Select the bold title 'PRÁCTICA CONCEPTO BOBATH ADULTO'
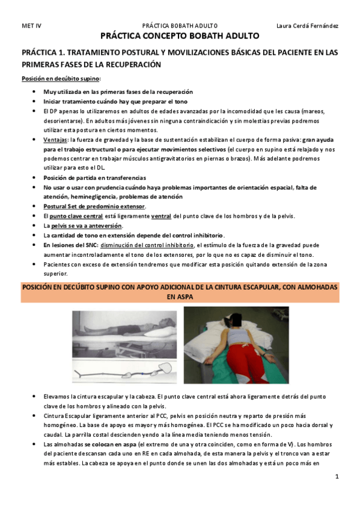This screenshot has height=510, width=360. point(180,36)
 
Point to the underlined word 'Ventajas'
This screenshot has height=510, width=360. point(56,140)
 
